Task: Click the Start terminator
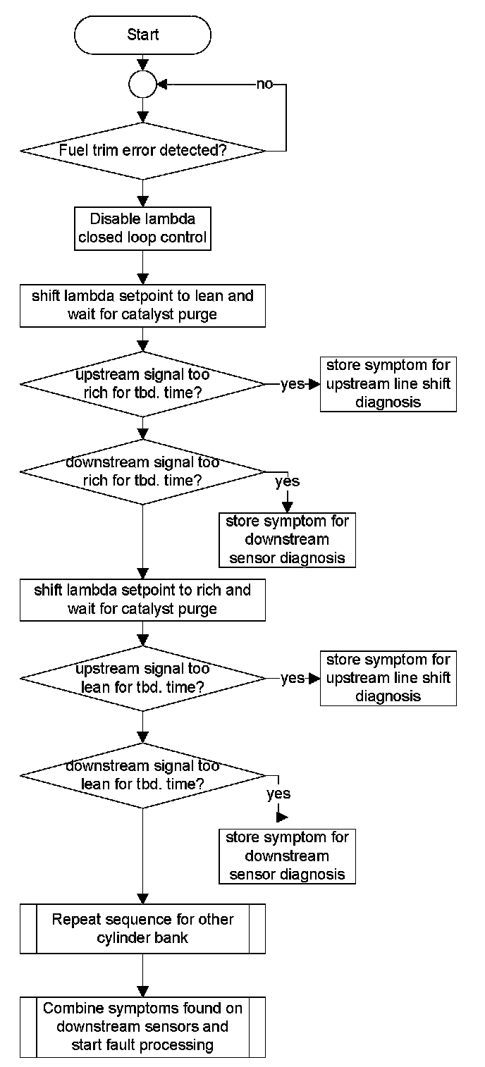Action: (142, 35)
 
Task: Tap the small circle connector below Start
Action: (142, 85)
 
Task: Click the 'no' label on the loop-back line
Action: (264, 85)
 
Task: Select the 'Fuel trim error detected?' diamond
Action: (142, 151)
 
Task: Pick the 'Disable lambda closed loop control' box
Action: (142, 228)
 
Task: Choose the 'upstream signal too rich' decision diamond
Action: (142, 383)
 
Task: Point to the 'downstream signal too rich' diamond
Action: (142, 471)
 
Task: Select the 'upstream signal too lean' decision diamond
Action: (142, 678)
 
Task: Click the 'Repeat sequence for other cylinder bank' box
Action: (142, 929)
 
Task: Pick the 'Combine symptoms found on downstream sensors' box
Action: (142, 1027)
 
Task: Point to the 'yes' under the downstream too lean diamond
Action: (279, 794)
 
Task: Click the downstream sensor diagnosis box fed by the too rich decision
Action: (287, 540)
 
